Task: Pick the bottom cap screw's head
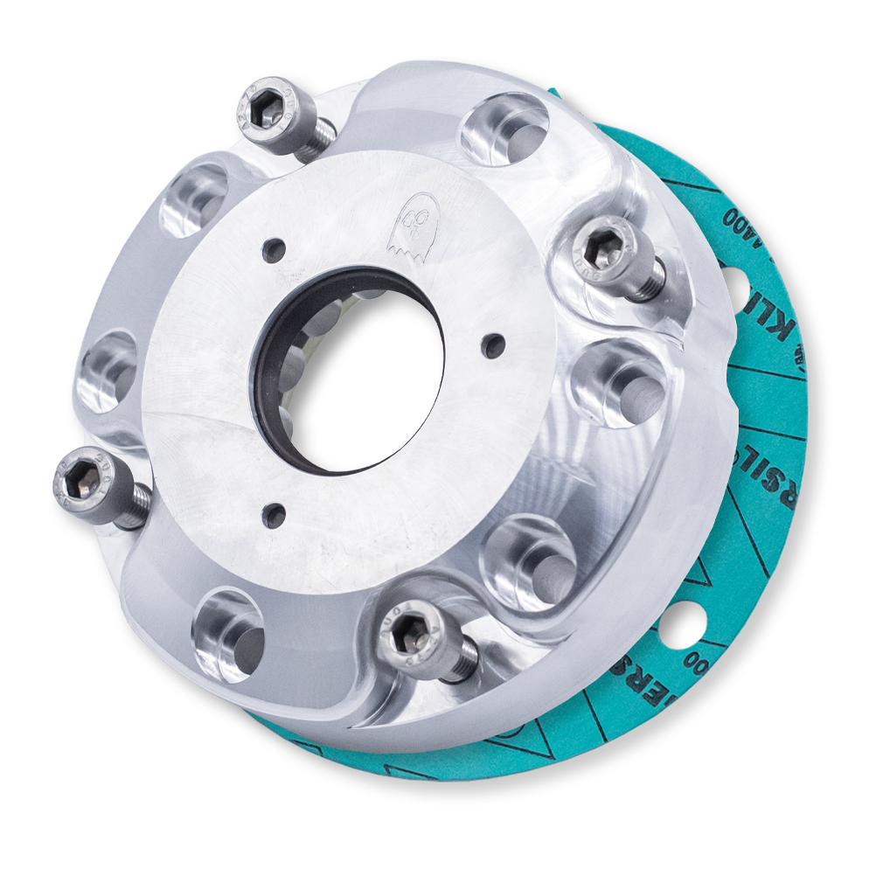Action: point(412,636)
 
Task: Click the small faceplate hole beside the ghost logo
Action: point(275,250)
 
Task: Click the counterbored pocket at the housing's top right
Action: point(504,129)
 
